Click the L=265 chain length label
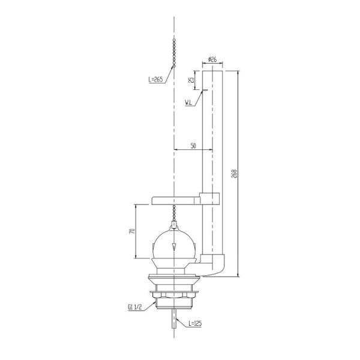click(155, 80)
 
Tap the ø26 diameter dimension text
click(212, 59)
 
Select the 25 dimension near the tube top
click(191, 80)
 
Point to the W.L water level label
click(188, 103)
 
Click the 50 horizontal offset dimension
click(193, 146)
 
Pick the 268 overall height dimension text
click(234, 174)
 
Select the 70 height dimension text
click(132, 231)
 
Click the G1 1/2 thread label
click(135, 307)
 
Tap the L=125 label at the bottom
click(195, 323)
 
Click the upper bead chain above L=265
click(174, 53)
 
